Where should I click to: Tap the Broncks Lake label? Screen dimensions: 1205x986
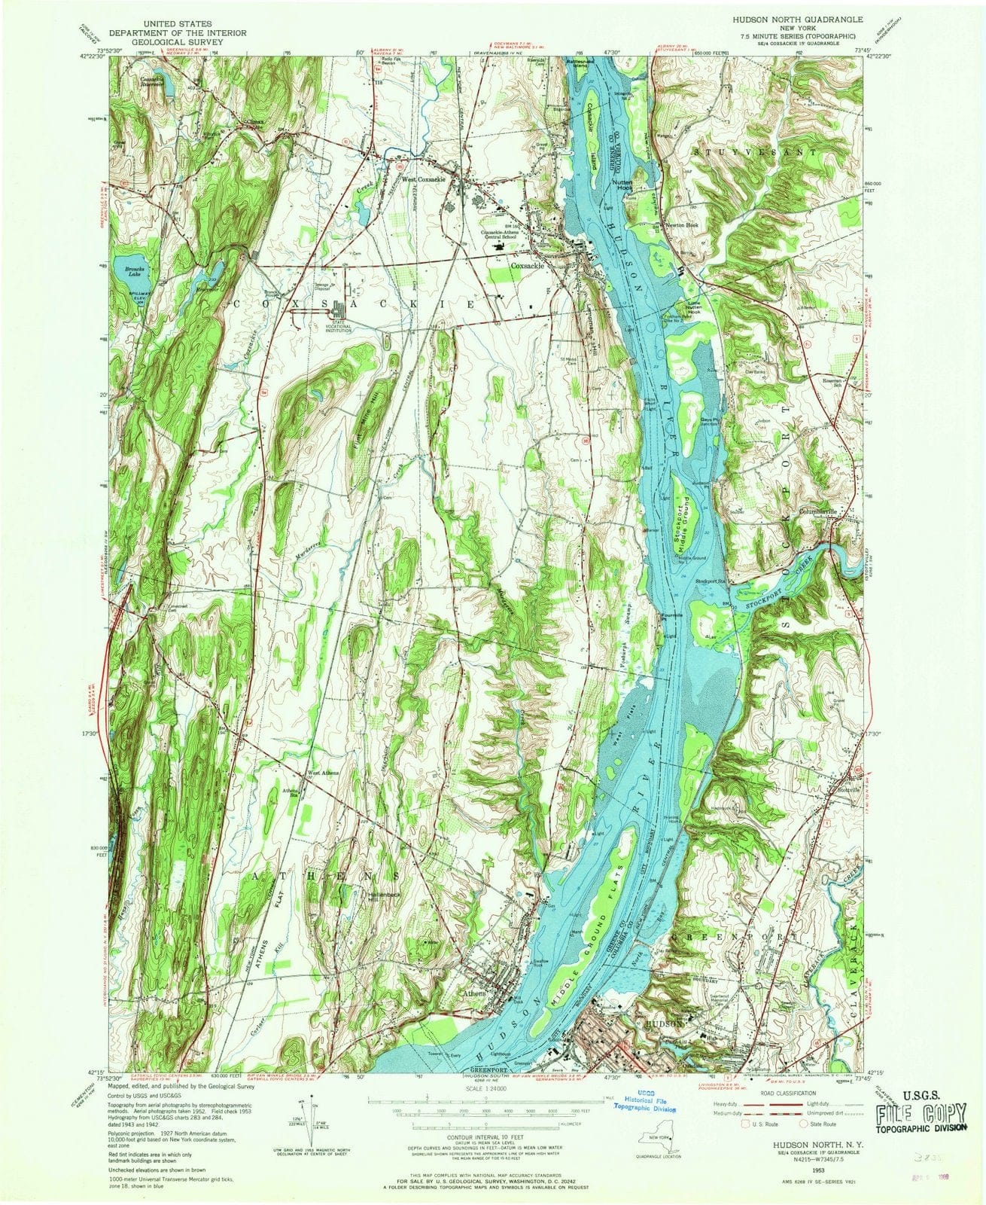pyautogui.click(x=127, y=271)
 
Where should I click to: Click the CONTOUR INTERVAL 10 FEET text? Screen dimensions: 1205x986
pyautogui.click(x=486, y=1142)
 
